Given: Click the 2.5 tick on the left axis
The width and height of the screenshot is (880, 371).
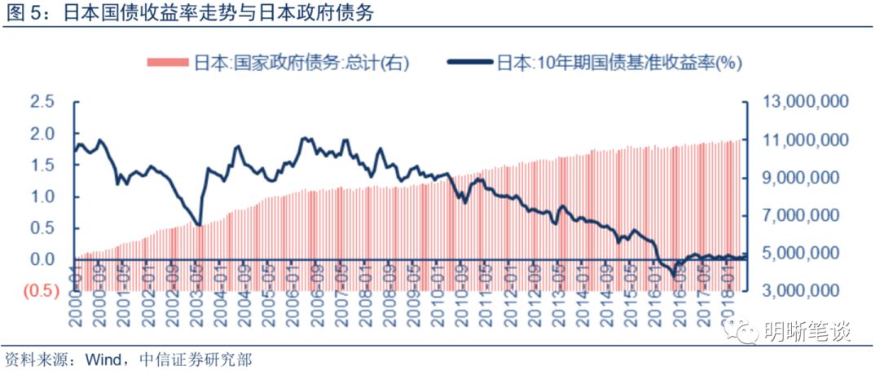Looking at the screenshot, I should click(42, 102).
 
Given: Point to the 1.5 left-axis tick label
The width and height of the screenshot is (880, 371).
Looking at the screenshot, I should click(42, 165).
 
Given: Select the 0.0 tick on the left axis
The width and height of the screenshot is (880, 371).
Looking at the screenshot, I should click(42, 259).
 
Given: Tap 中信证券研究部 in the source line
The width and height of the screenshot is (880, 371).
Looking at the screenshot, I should click(189, 358).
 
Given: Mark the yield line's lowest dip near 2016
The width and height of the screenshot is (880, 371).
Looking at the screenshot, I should click(675, 276).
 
